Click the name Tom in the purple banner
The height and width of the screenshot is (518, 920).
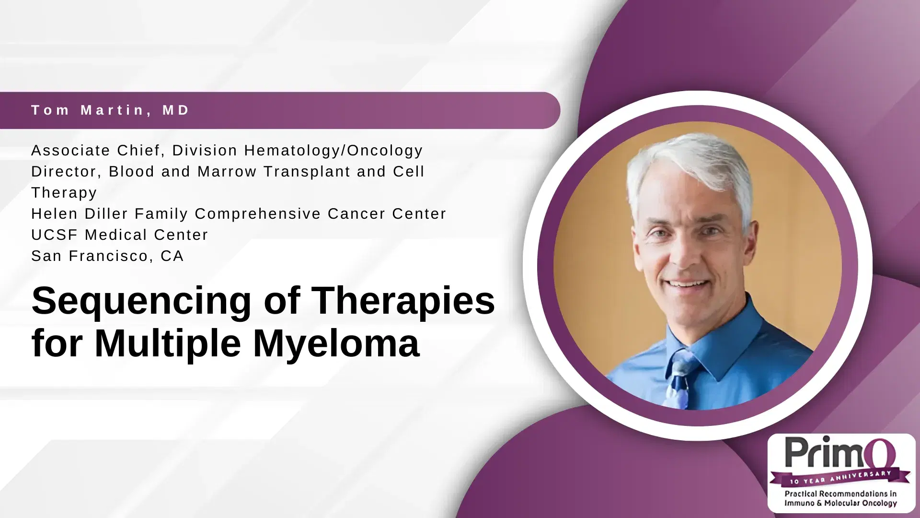[x=50, y=110]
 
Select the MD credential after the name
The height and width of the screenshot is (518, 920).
[x=176, y=110]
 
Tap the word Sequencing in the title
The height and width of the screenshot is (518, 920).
[x=141, y=301]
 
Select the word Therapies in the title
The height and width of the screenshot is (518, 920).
[x=403, y=301]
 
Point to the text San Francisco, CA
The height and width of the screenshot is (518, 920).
[x=107, y=256]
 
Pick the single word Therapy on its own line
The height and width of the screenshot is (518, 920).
[x=64, y=193]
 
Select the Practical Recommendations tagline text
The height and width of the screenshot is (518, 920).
[x=840, y=498]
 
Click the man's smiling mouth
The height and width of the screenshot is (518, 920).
[x=689, y=283]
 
